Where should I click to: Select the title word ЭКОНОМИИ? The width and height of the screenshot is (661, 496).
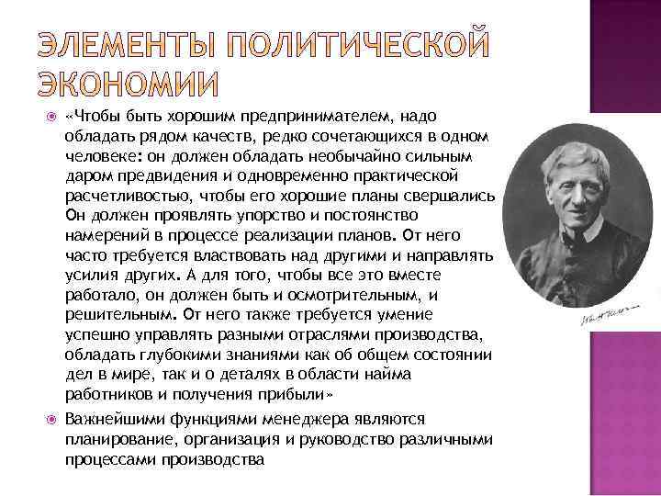129,84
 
